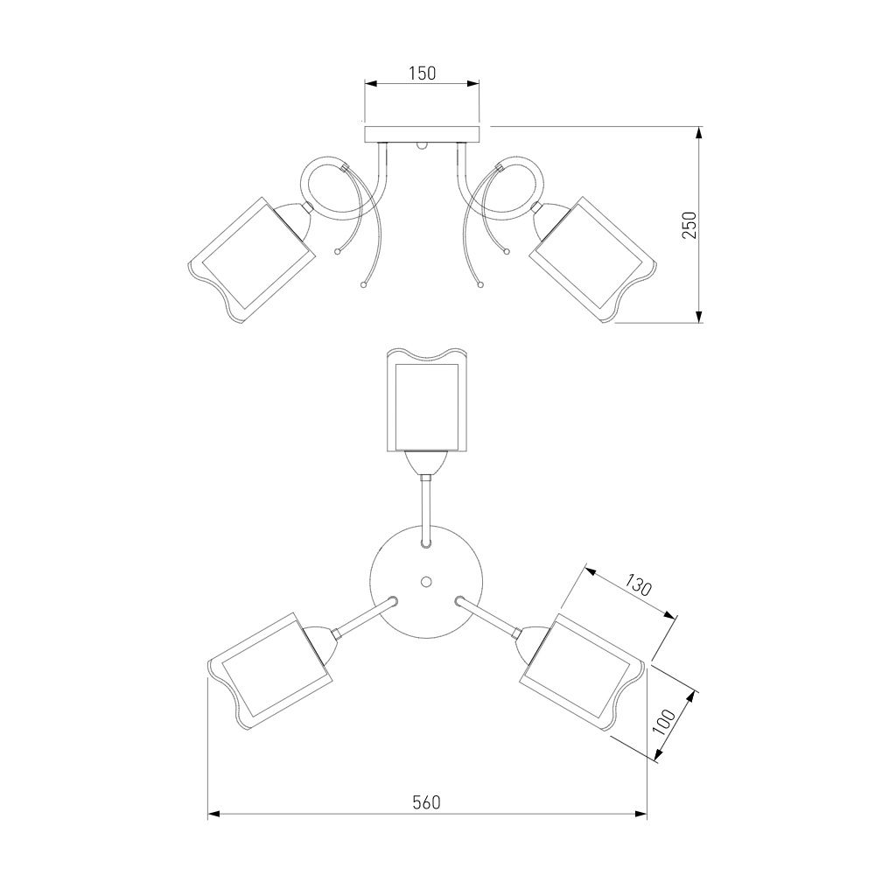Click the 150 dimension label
coord(423,73)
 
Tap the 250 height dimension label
coord(689,225)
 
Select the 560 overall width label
coord(427,802)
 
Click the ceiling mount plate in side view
coord(422,134)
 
